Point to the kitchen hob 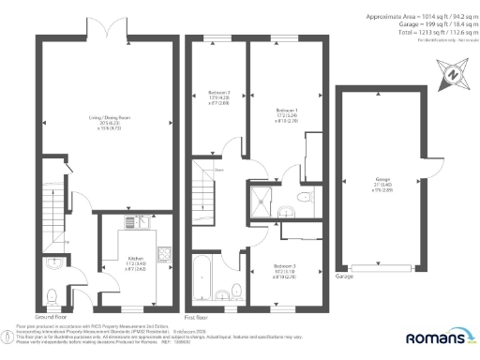click(x=162, y=254)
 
